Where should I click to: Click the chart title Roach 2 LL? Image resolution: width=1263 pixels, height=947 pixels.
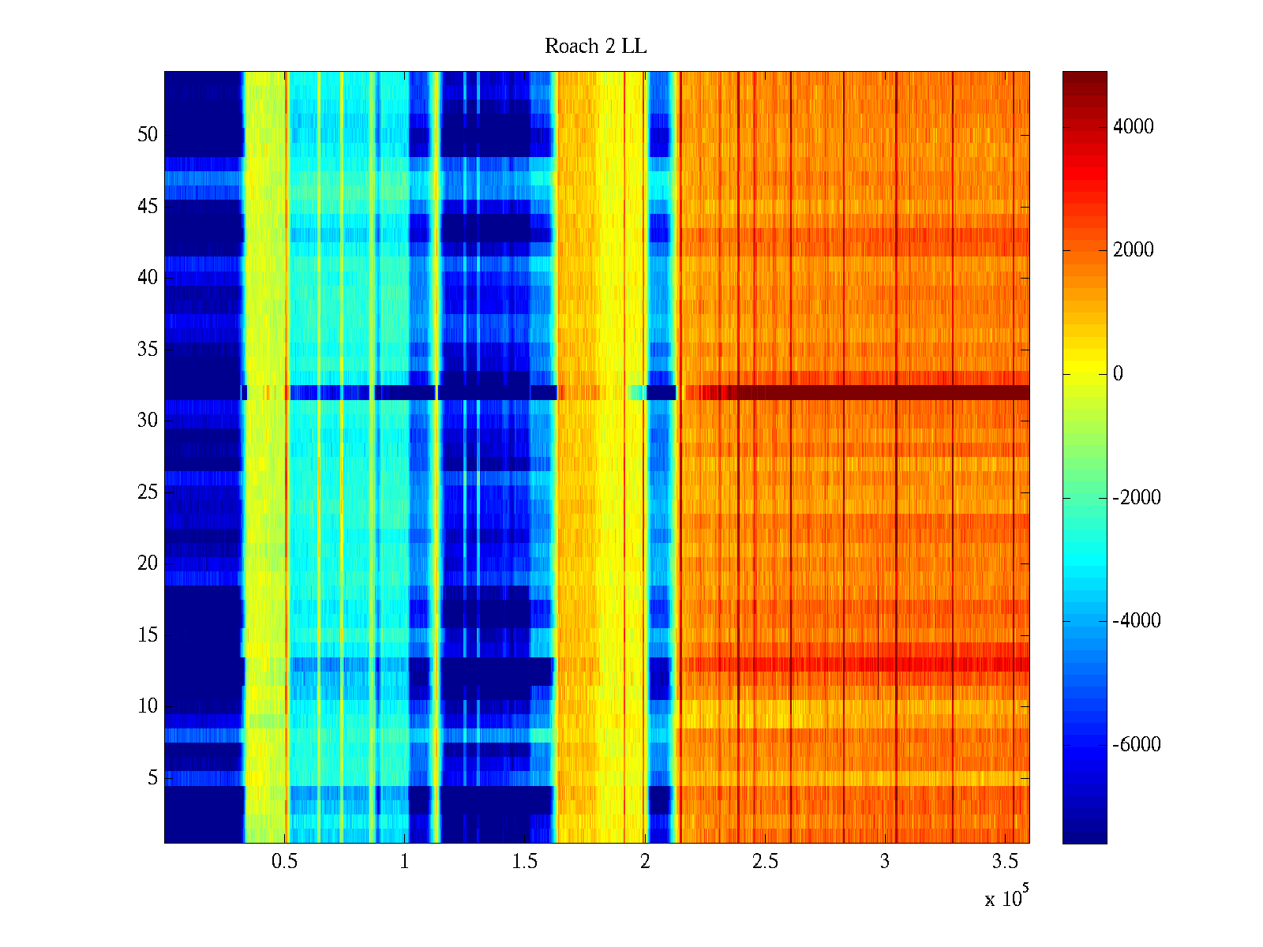coord(595,47)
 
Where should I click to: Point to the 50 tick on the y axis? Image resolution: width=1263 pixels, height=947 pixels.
coord(148,134)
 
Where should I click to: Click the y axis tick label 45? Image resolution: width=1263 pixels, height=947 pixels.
coord(148,206)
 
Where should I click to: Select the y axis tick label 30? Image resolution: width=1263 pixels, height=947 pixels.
coord(148,420)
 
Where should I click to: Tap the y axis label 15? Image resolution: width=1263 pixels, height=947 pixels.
coord(148,634)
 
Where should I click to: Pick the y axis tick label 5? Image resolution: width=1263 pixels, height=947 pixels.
coord(152,777)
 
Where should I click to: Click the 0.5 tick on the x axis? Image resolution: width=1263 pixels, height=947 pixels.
coord(284,861)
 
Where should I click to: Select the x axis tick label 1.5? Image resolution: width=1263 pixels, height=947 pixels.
coord(524,861)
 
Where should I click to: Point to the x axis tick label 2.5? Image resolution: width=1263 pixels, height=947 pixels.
coord(764,861)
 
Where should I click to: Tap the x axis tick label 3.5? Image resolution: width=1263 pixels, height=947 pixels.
coord(1004,861)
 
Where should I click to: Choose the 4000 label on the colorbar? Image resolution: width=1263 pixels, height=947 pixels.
coord(1134,126)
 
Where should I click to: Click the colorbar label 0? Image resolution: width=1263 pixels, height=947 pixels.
coord(1118,373)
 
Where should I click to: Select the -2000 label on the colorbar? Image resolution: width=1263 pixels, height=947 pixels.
coord(1137,497)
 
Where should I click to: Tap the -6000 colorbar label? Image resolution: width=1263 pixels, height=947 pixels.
coord(1137,744)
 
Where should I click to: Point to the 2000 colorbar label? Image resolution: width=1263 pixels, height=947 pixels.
coord(1134,250)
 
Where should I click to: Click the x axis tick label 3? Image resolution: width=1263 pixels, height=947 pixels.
coord(884,861)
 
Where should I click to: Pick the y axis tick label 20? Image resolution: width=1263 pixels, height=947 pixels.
coord(148,563)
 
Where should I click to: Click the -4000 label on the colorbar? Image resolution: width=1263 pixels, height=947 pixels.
coord(1137,620)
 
